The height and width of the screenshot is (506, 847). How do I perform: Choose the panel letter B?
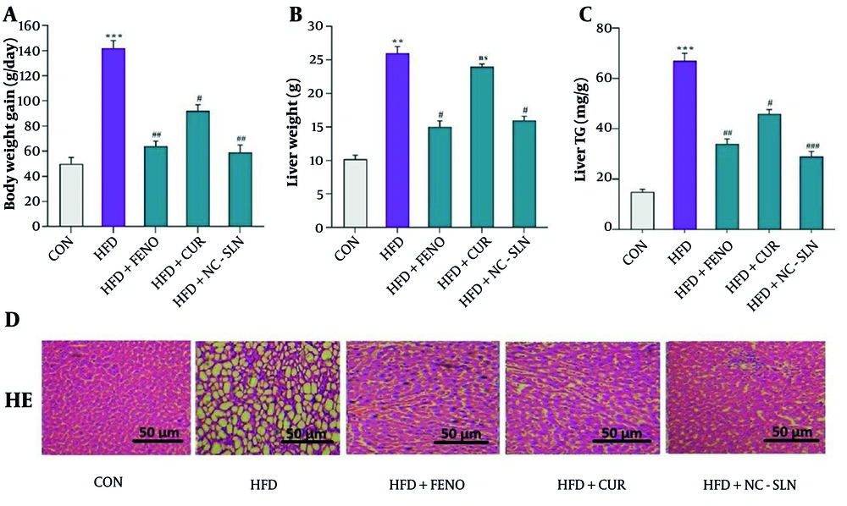tap(296, 14)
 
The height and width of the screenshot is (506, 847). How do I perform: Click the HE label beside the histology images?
tap(18, 400)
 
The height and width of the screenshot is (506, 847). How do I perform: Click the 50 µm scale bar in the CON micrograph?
tap(158, 439)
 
